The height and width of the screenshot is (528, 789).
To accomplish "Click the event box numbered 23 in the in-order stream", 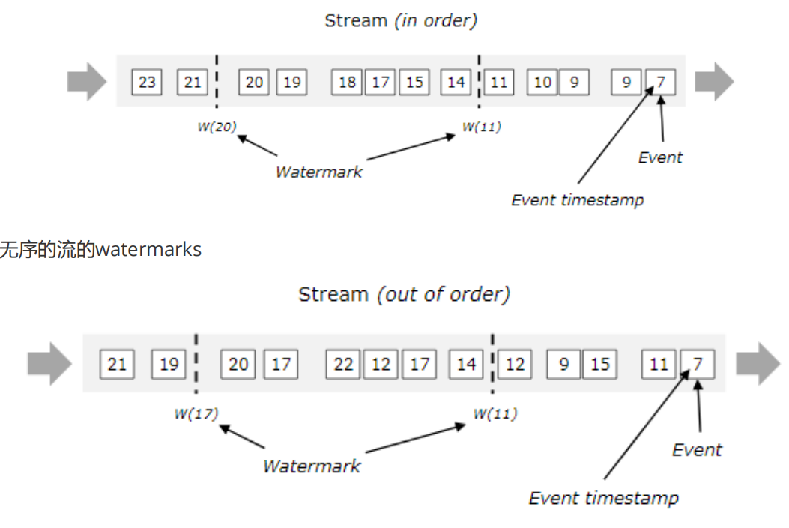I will (x=147, y=81).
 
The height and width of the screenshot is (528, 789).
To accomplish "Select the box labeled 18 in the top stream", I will (x=347, y=81).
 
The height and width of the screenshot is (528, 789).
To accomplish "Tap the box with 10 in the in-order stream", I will (x=542, y=81).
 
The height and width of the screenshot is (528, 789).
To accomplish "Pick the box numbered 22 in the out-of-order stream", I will (x=343, y=364).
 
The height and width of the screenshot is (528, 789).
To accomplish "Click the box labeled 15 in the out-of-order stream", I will (x=599, y=364).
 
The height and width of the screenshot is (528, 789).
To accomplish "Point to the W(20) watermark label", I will (x=217, y=127).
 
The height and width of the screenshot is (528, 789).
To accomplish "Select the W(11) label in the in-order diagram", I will (x=481, y=127).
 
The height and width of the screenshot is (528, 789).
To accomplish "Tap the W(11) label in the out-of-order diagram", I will (x=495, y=413).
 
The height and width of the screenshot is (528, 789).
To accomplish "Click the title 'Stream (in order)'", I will (x=400, y=20).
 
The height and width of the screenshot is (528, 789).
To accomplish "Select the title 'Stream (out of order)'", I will (x=404, y=293).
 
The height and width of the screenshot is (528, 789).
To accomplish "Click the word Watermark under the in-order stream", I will (x=318, y=171).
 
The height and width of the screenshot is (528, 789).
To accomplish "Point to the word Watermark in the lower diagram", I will (x=311, y=466).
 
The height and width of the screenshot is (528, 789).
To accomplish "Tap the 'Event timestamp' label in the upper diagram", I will (x=577, y=199).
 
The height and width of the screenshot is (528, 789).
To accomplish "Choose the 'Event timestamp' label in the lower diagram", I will (x=604, y=497).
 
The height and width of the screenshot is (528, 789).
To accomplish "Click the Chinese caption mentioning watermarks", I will (x=100, y=249).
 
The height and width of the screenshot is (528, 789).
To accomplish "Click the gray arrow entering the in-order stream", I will (x=87, y=81).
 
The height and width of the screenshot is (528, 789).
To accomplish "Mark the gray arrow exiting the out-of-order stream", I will (x=758, y=364).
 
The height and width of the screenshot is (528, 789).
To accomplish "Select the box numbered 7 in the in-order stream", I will (x=660, y=81).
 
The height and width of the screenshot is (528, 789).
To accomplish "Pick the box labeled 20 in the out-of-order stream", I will (x=238, y=364).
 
